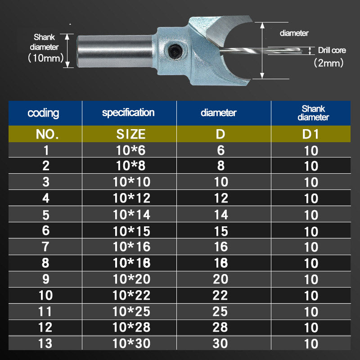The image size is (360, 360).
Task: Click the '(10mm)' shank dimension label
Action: click(x=45, y=58)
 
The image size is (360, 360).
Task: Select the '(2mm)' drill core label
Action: click(x=328, y=63)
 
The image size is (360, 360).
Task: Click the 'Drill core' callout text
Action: click(x=332, y=50)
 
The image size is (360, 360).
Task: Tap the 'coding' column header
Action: click(x=43, y=113)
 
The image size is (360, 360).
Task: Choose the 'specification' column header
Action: click(x=128, y=112)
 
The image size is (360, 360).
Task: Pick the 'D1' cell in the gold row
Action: click(x=311, y=134)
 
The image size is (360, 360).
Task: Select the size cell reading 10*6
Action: click(x=129, y=150)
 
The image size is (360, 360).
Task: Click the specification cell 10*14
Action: click(x=131, y=215)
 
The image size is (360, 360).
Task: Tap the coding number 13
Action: click(x=45, y=343)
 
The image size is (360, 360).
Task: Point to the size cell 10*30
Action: click(x=131, y=343)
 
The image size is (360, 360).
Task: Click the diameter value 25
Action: click(x=220, y=311)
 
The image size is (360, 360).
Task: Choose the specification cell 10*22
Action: click(x=131, y=295)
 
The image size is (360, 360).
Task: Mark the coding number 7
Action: click(x=45, y=247)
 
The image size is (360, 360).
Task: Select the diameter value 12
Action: click(x=220, y=198)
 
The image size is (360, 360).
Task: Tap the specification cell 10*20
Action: click(x=131, y=279)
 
